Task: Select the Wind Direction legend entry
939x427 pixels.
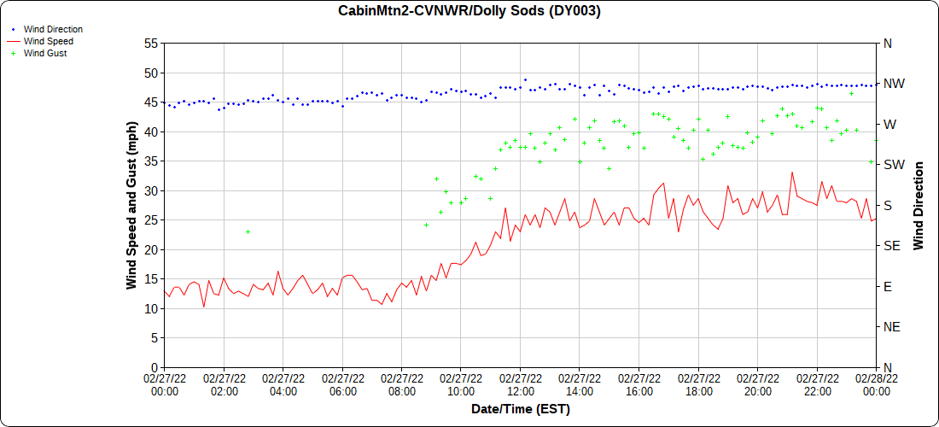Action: (53, 29)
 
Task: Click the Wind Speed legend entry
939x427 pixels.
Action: (48, 41)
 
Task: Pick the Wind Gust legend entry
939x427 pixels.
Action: (45, 53)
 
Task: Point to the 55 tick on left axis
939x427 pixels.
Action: (151, 43)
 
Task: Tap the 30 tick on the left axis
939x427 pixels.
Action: (151, 190)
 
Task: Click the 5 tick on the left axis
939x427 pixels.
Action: (155, 338)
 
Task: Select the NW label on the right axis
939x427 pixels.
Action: (893, 84)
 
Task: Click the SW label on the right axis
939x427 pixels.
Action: (893, 165)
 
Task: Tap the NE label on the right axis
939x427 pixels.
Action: (890, 327)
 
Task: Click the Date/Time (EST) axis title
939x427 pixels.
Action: (521, 409)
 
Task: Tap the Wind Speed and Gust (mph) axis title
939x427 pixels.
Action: (131, 205)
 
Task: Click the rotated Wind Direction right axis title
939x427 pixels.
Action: (919, 205)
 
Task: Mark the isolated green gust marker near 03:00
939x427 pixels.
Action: (248, 231)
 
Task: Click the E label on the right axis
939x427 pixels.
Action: (887, 286)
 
